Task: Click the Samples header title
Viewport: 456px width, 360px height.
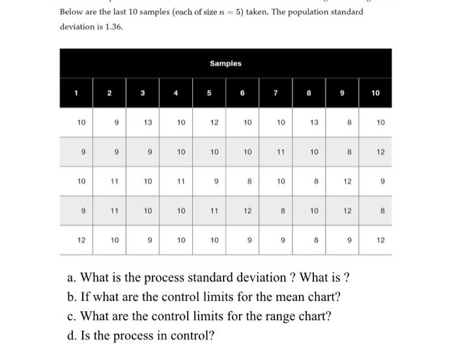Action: (225, 63)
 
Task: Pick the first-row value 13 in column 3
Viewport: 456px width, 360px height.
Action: (148, 122)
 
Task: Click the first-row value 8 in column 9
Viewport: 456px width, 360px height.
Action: (349, 122)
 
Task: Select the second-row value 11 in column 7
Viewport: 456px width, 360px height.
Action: (281, 152)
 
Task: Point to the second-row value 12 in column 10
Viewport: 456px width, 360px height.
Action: (380, 152)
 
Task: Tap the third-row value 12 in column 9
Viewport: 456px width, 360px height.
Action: (347, 181)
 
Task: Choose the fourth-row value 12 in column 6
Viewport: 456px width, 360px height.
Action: (248, 210)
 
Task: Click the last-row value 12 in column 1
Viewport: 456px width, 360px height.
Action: (81, 240)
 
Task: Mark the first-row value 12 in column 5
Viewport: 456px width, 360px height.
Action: (214, 122)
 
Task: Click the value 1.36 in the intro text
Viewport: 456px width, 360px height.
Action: (112, 27)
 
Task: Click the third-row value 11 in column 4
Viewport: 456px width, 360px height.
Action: (181, 181)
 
